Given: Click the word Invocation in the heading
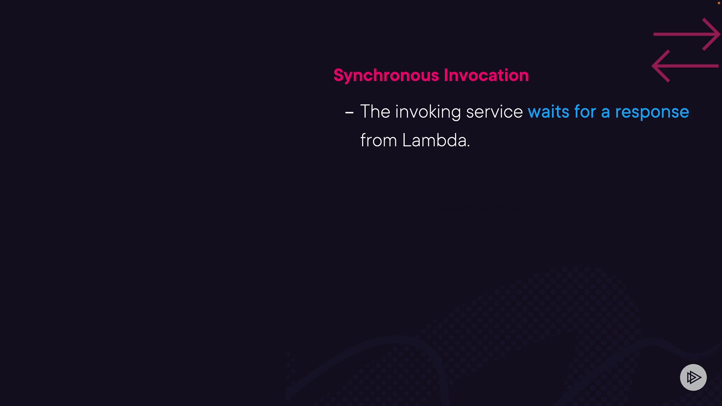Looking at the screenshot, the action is click(x=487, y=75).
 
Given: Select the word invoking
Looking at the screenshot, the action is click(x=428, y=112).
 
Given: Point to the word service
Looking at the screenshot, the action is click(x=494, y=112).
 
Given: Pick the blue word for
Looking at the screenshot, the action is click(x=585, y=112).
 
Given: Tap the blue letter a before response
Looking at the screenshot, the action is click(x=605, y=113).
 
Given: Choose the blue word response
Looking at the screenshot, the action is click(x=652, y=113).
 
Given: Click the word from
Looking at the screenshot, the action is click(x=379, y=140).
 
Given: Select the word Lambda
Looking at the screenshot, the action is click(x=434, y=140).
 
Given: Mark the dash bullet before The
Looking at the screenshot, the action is click(x=349, y=113).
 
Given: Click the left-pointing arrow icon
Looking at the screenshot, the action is click(x=685, y=66).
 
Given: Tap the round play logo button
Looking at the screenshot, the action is click(x=693, y=377).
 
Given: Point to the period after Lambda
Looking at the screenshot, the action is click(x=469, y=146).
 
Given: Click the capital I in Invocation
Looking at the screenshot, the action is click(x=446, y=76).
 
